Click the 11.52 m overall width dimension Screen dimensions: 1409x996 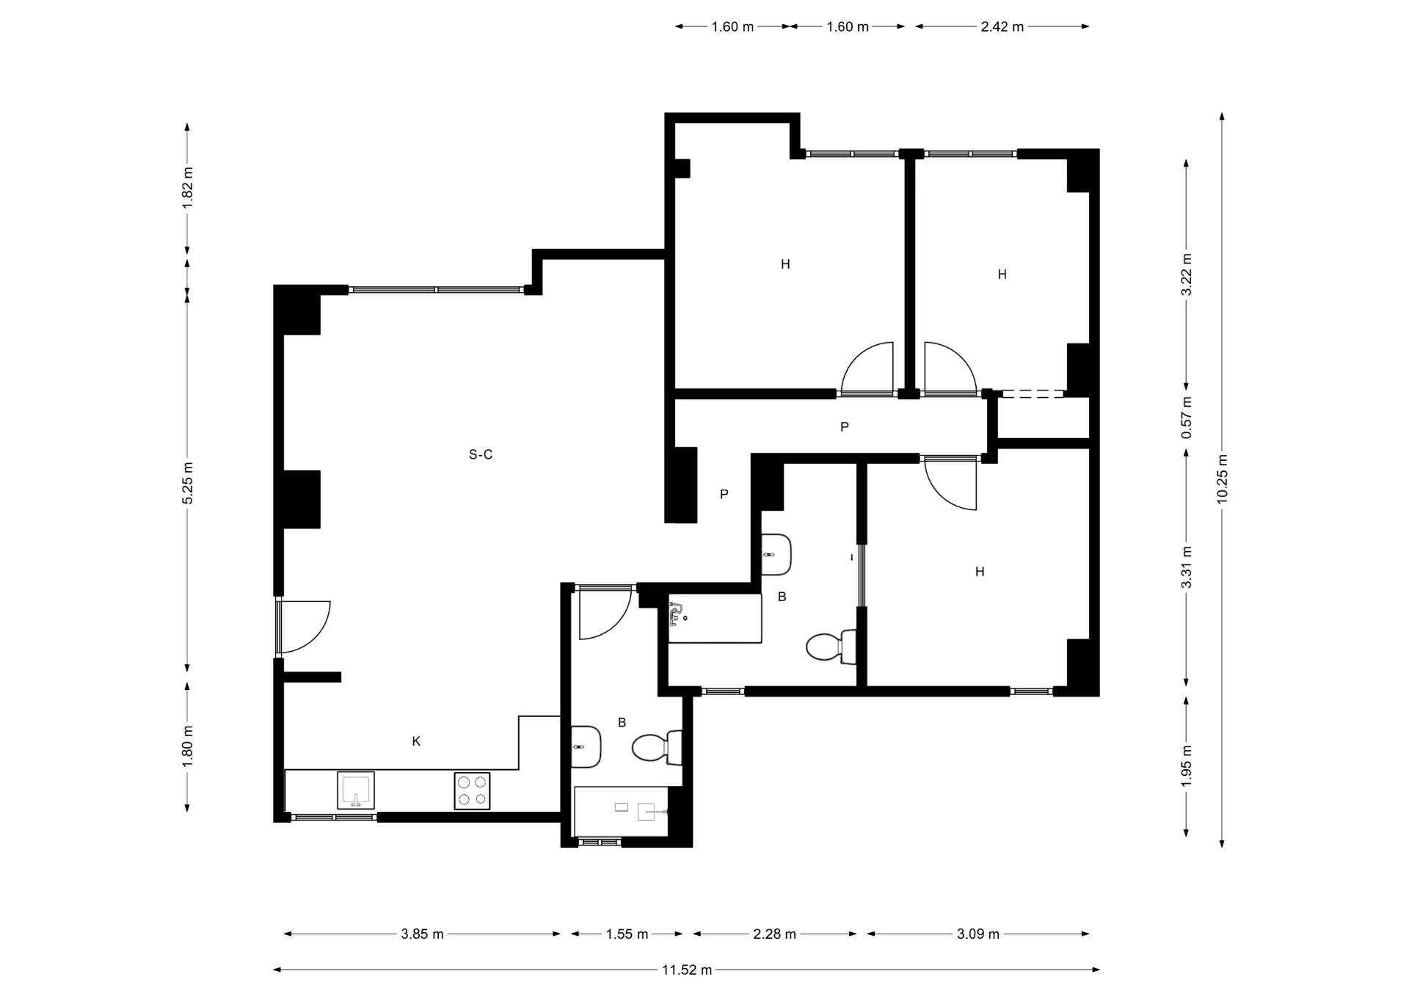(x=687, y=970)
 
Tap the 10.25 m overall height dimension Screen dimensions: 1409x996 (x=1222, y=479)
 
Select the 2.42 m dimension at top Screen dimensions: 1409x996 (x=1002, y=26)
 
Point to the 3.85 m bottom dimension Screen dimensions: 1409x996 (x=422, y=934)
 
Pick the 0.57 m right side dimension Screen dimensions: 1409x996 (x=1187, y=418)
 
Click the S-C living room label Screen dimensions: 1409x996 (x=481, y=454)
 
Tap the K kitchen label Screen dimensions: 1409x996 (x=416, y=741)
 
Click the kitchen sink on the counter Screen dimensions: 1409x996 (x=356, y=790)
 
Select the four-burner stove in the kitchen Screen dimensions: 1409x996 (x=472, y=790)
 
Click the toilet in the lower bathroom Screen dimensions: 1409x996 (x=658, y=748)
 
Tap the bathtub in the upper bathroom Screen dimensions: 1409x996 (x=715, y=619)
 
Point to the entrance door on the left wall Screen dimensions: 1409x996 (x=303, y=627)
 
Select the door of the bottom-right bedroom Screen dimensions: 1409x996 (x=950, y=483)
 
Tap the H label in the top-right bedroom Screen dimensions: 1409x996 (x=1002, y=275)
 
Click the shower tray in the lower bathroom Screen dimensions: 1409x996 (x=622, y=812)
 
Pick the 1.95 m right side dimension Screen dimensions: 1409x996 (x=1187, y=766)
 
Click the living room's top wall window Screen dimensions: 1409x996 (x=437, y=290)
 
